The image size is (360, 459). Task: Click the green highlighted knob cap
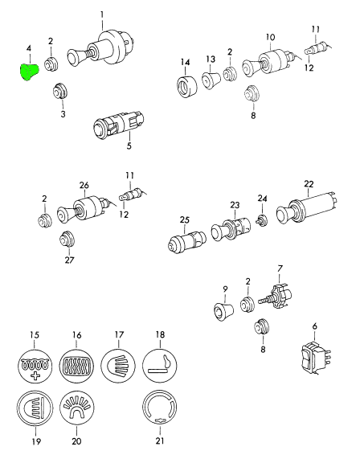(x=29, y=72)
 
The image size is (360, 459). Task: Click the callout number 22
(x=309, y=184)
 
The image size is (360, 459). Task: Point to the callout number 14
(x=185, y=63)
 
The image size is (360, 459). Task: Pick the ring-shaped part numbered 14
(x=186, y=86)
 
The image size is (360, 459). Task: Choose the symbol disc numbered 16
(x=76, y=365)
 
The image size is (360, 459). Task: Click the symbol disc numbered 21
(x=160, y=408)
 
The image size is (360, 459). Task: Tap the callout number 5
(x=129, y=145)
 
